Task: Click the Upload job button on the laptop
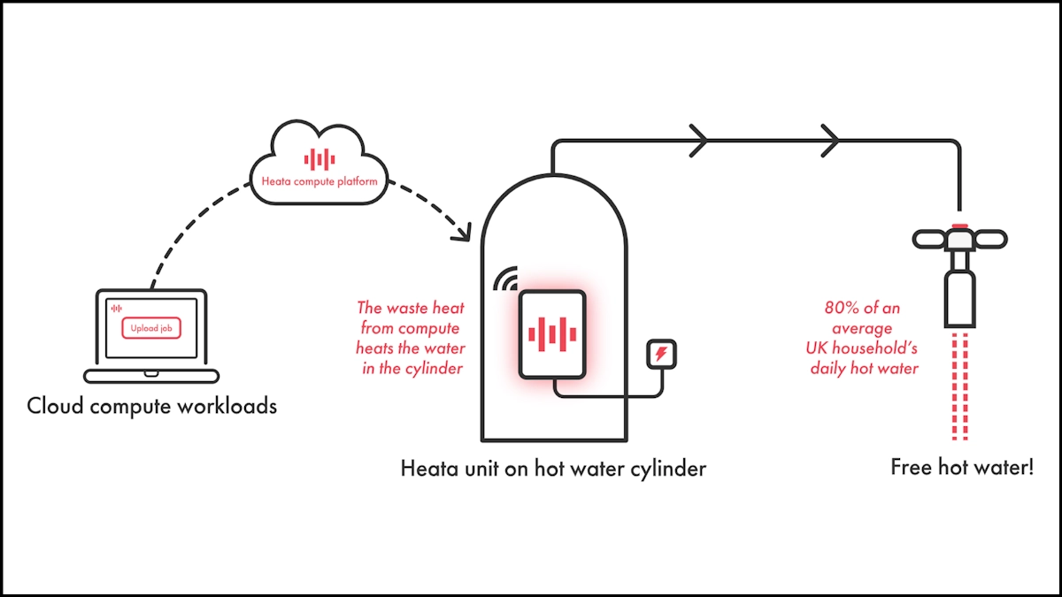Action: click(x=150, y=328)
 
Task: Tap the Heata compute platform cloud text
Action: click(x=319, y=181)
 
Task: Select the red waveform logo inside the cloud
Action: click(x=319, y=159)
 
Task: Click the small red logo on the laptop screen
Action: click(x=116, y=308)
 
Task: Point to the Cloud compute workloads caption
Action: click(x=151, y=407)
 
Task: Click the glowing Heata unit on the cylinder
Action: click(x=552, y=335)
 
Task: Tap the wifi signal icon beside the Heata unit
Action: click(x=505, y=279)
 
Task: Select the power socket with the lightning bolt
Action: click(x=661, y=354)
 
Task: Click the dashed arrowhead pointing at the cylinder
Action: click(x=462, y=233)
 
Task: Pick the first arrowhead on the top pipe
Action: click(x=699, y=139)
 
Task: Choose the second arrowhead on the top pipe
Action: click(x=830, y=139)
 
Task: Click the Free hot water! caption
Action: click(x=961, y=467)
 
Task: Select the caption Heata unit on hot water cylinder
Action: click(x=553, y=468)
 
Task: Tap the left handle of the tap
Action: click(x=929, y=239)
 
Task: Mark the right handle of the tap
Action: click(x=991, y=239)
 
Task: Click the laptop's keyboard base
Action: click(x=151, y=374)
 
